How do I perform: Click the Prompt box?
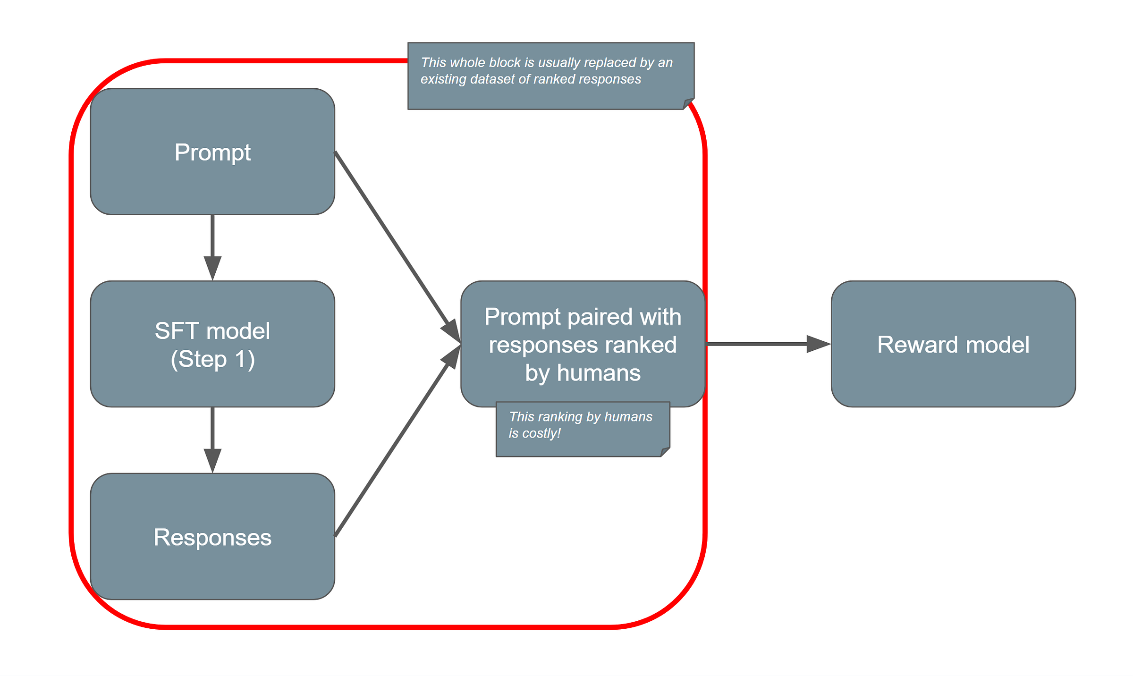pos(212,152)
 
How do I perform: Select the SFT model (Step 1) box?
pos(212,344)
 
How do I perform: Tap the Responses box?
pos(212,537)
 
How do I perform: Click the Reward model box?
pos(953,344)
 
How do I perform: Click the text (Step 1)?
pos(212,359)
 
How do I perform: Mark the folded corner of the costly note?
pos(666,452)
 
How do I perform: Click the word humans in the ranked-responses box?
pos(599,373)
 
